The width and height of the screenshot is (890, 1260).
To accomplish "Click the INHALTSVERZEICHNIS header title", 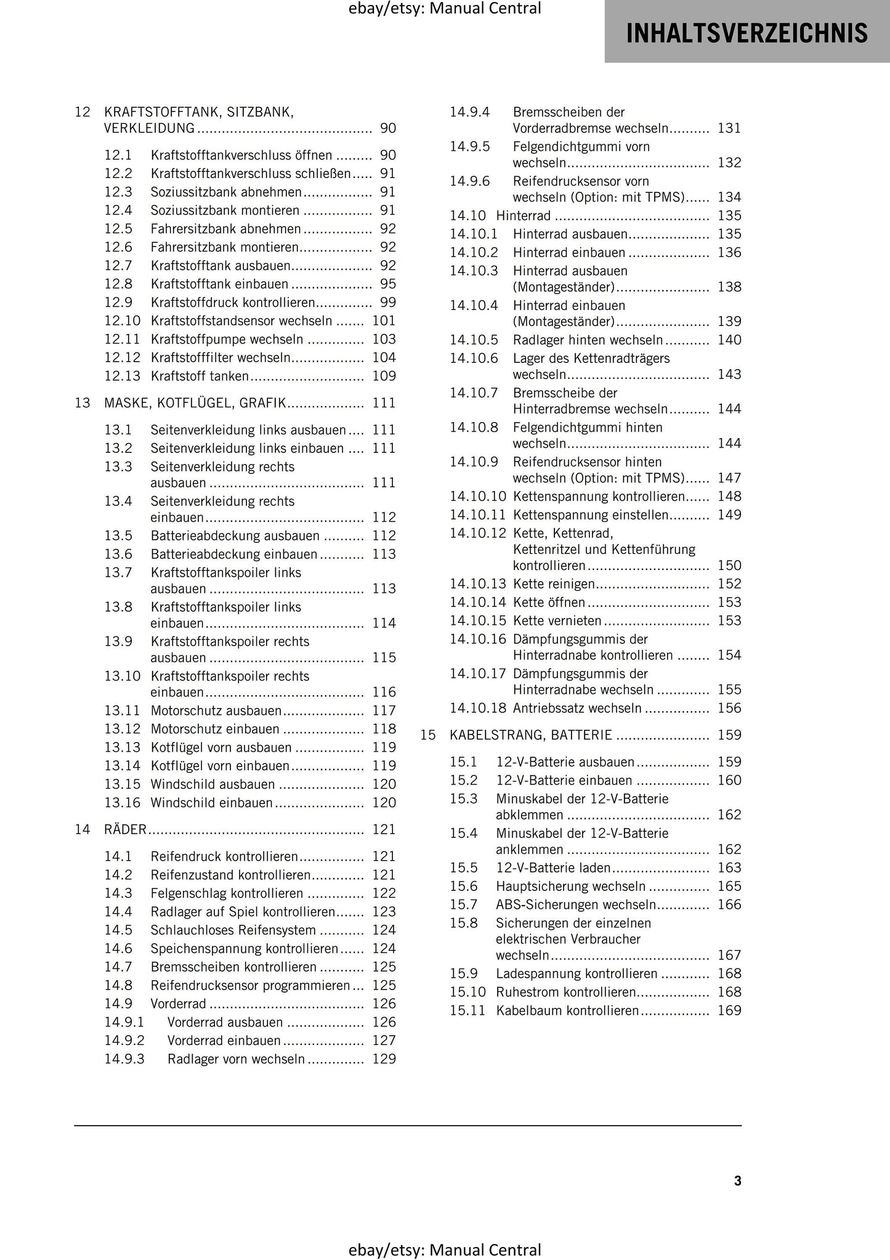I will click(x=746, y=33).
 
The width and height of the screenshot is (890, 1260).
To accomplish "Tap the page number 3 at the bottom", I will click(x=737, y=1181).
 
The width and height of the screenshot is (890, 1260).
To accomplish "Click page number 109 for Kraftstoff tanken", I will click(x=384, y=376).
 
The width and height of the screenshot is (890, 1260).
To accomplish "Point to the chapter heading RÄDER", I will click(x=126, y=829).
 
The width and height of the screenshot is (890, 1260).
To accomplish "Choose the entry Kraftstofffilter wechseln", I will click(x=220, y=358).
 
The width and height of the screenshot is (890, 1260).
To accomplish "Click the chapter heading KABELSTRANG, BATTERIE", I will click(x=531, y=735).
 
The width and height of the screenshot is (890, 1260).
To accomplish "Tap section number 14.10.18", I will click(x=477, y=708).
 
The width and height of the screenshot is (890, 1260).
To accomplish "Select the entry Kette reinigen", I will click(x=554, y=583).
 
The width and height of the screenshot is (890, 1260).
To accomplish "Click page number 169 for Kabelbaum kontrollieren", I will click(x=729, y=1010).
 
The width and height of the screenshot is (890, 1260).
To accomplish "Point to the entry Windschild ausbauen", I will click(x=212, y=784).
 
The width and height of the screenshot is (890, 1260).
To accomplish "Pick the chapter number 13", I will click(x=83, y=403).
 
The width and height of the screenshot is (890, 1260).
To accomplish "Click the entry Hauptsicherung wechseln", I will click(x=570, y=886).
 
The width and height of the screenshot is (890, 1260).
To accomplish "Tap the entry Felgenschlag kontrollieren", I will click(x=227, y=893).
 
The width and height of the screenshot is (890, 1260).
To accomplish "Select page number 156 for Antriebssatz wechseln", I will click(x=729, y=708).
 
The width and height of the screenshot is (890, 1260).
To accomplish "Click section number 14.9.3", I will click(x=124, y=1059).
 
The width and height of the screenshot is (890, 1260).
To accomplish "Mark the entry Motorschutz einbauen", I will click(x=215, y=729).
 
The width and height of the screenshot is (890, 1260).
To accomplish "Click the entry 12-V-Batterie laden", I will click(x=553, y=868).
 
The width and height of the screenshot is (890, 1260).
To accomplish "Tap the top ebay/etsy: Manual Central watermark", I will click(x=445, y=9).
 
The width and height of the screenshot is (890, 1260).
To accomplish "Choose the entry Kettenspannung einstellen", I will click(x=591, y=514).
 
